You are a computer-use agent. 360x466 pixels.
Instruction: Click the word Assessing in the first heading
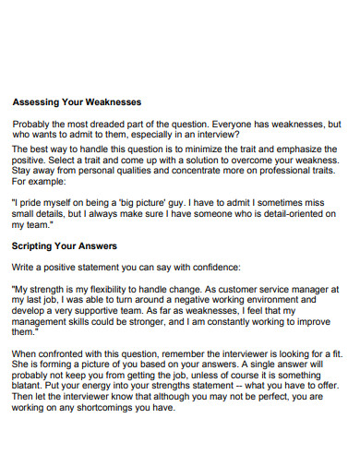coord(39,102)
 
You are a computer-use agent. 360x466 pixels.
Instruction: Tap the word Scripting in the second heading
coord(37,246)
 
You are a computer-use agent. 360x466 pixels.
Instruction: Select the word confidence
coord(212,267)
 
